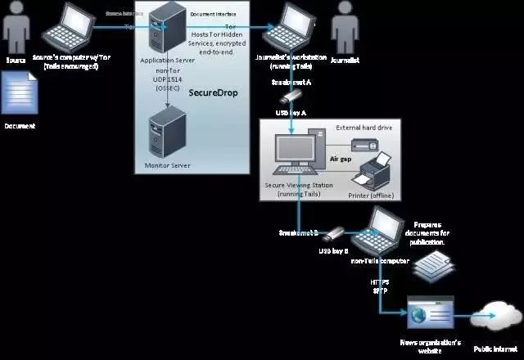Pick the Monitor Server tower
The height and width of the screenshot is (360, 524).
click(167, 135)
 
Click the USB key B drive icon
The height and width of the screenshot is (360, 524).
click(335, 232)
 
